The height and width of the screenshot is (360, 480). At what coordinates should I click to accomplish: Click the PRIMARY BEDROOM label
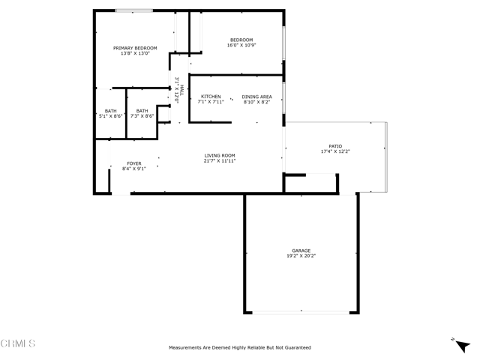pyautogui.click(x=135, y=48)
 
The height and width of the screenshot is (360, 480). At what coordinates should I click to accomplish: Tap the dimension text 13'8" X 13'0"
pyautogui.click(x=135, y=54)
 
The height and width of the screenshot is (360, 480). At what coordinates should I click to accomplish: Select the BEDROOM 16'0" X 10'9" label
pyautogui.click(x=241, y=43)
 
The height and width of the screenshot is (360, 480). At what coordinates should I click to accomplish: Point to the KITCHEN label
pyautogui.click(x=211, y=97)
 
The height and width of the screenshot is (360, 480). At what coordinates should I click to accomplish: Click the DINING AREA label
pyautogui.click(x=256, y=97)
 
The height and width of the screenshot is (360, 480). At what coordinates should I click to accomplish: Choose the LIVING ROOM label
pyautogui.click(x=220, y=155)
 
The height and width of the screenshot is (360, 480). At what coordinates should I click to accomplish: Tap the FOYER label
pyautogui.click(x=133, y=163)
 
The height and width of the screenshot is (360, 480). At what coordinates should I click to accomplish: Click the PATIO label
pyautogui.click(x=334, y=147)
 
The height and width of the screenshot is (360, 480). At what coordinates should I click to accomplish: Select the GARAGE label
pyautogui.click(x=301, y=250)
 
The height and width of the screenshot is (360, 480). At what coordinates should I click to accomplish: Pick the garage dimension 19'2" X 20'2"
pyautogui.click(x=301, y=256)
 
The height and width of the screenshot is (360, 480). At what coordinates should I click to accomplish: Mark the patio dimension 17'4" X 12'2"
pyautogui.click(x=334, y=152)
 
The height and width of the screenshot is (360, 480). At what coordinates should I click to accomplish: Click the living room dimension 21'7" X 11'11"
pyautogui.click(x=220, y=160)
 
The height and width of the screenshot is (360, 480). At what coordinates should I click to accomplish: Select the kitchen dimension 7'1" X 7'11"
pyautogui.click(x=211, y=102)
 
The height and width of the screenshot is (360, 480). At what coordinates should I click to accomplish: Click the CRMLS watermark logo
pyautogui.click(x=18, y=344)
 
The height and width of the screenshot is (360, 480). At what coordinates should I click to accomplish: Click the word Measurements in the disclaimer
pyautogui.click(x=186, y=348)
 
